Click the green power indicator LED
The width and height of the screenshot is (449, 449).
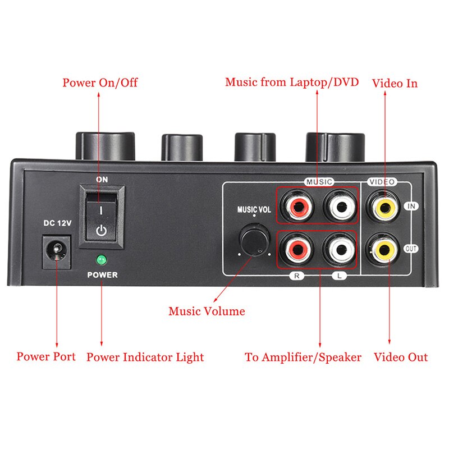[x=102, y=260]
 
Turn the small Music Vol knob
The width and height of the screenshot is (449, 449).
[x=254, y=241]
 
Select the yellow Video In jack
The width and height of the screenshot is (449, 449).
[x=385, y=205]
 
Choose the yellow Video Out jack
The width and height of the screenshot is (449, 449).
[x=385, y=249]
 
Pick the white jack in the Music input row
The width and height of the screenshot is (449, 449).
[x=340, y=206]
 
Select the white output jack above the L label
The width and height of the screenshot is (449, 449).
[x=340, y=249]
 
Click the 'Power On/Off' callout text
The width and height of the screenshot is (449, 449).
[x=100, y=83]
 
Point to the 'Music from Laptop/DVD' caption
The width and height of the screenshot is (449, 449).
[x=292, y=83]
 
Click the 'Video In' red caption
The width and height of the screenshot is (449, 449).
[x=395, y=83]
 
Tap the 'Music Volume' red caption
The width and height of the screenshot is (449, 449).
[x=207, y=311]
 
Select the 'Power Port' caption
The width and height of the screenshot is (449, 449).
[x=46, y=356]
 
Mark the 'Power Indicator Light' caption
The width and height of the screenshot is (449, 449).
[x=145, y=357]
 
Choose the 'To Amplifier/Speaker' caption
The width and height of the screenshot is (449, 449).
[x=303, y=357]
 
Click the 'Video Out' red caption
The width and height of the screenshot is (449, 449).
[x=401, y=357]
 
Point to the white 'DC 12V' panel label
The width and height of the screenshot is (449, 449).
[x=57, y=223]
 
